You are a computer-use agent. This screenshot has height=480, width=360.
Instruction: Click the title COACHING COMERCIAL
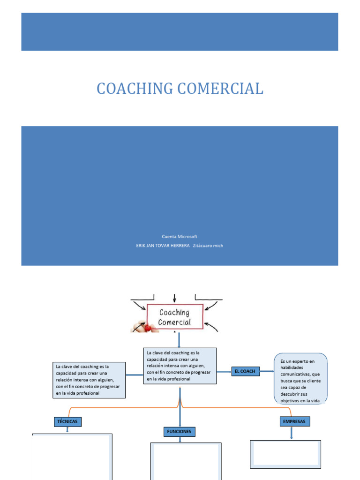(x=180, y=88)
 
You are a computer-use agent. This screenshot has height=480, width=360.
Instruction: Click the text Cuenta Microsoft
(x=180, y=237)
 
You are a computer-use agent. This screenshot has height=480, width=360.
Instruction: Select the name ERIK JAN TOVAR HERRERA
(x=162, y=246)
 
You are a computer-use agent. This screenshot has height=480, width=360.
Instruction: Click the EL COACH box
(x=245, y=371)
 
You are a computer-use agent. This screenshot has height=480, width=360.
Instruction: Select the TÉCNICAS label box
(x=67, y=422)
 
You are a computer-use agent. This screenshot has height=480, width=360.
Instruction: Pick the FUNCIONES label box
(x=179, y=431)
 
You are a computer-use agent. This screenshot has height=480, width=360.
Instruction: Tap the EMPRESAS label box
(x=294, y=422)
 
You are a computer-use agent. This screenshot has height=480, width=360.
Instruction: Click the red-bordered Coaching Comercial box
(x=175, y=317)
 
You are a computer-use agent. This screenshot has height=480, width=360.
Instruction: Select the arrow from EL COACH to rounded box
(x=267, y=371)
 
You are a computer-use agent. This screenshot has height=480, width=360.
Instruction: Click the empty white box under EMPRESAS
(x=285, y=454)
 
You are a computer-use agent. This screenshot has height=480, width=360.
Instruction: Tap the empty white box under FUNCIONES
(x=186, y=461)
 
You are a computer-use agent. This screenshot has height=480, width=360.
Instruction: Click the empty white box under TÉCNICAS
(x=72, y=457)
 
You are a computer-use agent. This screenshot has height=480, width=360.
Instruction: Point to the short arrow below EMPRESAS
(x=292, y=433)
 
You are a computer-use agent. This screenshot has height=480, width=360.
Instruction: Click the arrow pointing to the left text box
(x=135, y=375)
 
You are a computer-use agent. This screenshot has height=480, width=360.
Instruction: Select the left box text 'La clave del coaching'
(x=89, y=380)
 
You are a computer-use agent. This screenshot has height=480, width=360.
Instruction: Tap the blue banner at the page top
(x=180, y=32)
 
